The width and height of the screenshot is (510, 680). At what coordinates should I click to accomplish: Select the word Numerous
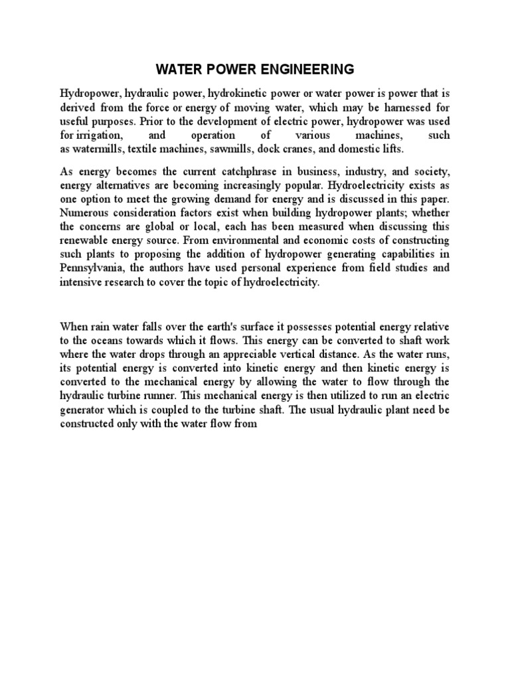(x=83, y=213)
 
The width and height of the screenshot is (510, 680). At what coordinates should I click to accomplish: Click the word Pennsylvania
(x=92, y=269)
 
